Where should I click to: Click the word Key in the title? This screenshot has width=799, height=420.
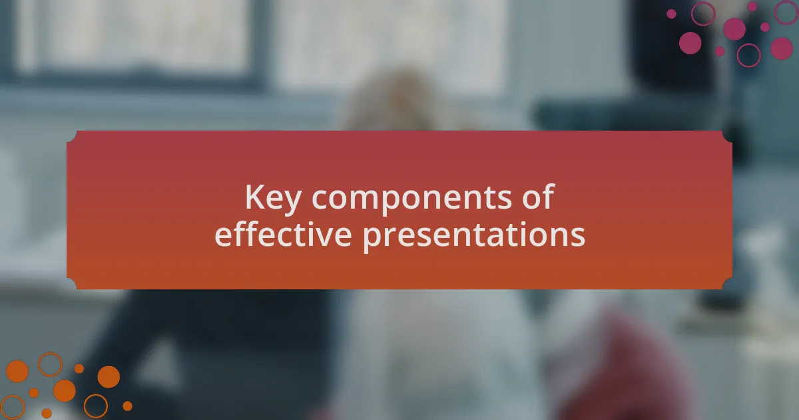273,199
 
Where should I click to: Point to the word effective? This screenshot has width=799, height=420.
283,234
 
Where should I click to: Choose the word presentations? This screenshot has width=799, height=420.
474,236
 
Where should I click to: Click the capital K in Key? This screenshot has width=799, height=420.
254,197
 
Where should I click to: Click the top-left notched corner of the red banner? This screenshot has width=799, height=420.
71,137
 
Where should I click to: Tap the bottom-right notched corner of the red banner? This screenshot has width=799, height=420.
728,283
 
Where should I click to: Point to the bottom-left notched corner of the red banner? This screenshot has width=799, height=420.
71,283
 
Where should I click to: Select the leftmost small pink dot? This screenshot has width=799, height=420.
671,14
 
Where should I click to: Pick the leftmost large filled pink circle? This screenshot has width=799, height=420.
690,43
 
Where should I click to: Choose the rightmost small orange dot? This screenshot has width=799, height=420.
127,406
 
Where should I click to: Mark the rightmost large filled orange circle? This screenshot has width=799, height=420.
109,377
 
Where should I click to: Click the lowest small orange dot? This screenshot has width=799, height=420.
47,413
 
